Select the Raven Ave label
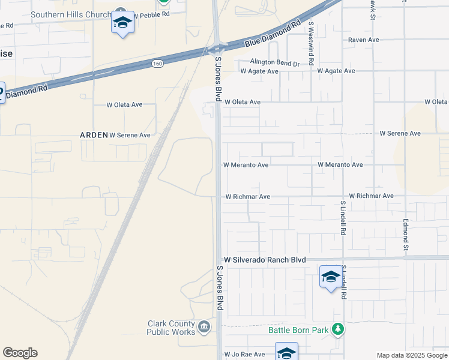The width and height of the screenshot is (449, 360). (x=364, y=40)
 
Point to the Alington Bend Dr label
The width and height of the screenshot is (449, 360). (x=274, y=63)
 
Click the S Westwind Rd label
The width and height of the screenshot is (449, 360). (x=311, y=43)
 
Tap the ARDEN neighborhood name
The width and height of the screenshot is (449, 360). (x=94, y=135)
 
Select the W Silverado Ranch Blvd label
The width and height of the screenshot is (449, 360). (x=265, y=260)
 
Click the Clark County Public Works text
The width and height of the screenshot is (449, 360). (x=171, y=328)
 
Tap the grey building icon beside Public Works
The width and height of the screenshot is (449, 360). (x=204, y=327)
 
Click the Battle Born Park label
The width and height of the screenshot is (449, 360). (x=298, y=329)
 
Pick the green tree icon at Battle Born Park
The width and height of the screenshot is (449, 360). (x=339, y=329)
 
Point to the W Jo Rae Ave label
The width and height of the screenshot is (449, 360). (x=245, y=355)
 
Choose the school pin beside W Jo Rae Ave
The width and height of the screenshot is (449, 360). (x=286, y=352)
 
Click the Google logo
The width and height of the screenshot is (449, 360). (x=20, y=353)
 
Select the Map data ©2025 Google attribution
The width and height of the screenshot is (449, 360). (x=411, y=355)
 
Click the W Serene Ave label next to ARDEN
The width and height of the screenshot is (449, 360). (x=130, y=135)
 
